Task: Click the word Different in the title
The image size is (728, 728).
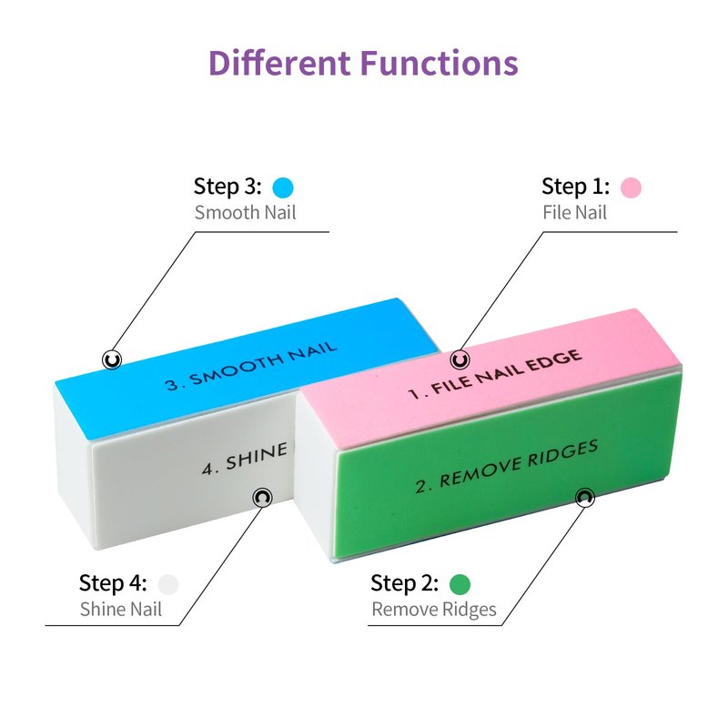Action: pyautogui.click(x=279, y=64)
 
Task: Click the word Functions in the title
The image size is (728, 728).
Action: pyautogui.click(x=440, y=64)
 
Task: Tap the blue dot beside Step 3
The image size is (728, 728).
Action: pyautogui.click(x=283, y=188)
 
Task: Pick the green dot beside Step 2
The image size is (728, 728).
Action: pyautogui.click(x=460, y=583)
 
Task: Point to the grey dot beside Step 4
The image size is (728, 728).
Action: pyautogui.click(x=168, y=583)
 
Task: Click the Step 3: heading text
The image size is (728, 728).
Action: pyautogui.click(x=227, y=187)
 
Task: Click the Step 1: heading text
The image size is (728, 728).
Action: pyautogui.click(x=576, y=187)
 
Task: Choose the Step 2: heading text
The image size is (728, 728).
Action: pyautogui.click(x=405, y=582)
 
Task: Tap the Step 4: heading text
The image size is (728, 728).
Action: pyautogui.click(x=114, y=582)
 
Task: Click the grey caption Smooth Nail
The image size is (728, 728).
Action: pyautogui.click(x=246, y=214)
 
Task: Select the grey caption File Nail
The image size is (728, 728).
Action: pyautogui.click(x=574, y=214)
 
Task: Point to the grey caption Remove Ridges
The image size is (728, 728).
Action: pyautogui.click(x=434, y=610)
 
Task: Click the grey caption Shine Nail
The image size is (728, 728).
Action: pyautogui.click(x=121, y=610)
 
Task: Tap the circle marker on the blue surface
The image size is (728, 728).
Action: pyautogui.click(x=112, y=359)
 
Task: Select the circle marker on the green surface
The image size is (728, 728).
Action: pyautogui.click(x=584, y=497)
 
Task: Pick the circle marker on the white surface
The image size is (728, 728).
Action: pyautogui.click(x=263, y=497)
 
